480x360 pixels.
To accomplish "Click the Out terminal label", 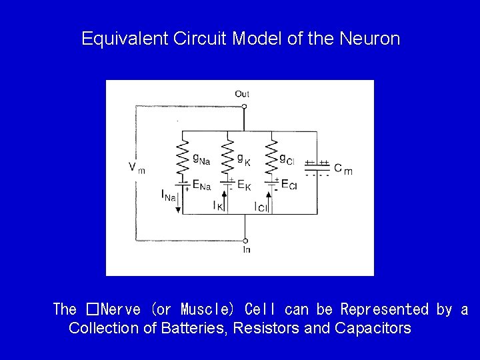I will tap(243, 94).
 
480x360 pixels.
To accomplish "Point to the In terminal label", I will tap(246, 250).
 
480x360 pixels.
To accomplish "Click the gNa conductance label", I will tap(201, 159).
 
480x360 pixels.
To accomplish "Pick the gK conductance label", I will tap(244, 158).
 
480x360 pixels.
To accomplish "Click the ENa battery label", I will tap(201, 183).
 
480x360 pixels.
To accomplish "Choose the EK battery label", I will tap(243, 185).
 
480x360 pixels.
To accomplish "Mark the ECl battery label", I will tap(289, 184).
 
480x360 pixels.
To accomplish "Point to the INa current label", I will tap(169, 195).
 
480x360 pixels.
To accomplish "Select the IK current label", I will tap(217, 206).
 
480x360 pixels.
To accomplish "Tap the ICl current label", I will tap(261, 206).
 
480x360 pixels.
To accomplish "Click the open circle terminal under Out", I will tap(244, 106).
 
